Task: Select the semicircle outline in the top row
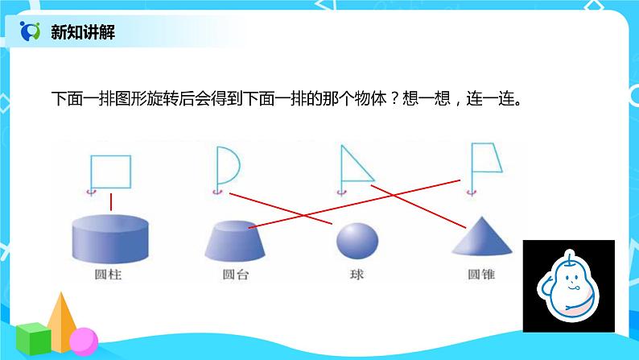227,166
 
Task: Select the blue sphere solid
357,241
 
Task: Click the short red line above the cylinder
111,202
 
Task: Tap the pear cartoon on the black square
568,286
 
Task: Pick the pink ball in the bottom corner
82,341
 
